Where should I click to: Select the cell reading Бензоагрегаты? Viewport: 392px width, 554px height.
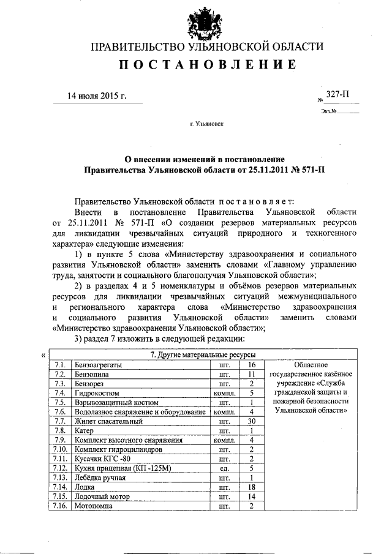[97, 365]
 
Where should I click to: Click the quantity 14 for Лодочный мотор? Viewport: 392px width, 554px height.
[251, 497]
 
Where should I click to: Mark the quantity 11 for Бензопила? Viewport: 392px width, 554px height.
[251, 374]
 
